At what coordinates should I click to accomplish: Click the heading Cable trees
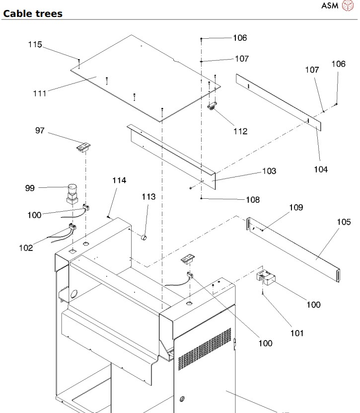pyautogui.click(x=33, y=14)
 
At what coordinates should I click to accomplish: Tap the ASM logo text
pyautogui.click(x=330, y=5)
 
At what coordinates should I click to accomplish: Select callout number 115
pyautogui.click(x=35, y=44)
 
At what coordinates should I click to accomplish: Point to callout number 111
pyautogui.click(x=40, y=93)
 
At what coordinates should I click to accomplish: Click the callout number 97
pyautogui.click(x=40, y=130)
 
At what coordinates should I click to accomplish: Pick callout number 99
pyautogui.click(x=30, y=188)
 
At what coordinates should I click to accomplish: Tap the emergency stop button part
pyautogui.click(x=72, y=194)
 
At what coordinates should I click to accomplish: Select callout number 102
pyautogui.click(x=26, y=248)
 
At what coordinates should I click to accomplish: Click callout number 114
pyautogui.click(x=119, y=180)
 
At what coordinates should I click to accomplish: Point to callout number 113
pyautogui.click(x=148, y=197)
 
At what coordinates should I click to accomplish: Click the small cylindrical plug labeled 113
pyautogui.click(x=144, y=238)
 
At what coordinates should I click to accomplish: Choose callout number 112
pyautogui.click(x=240, y=131)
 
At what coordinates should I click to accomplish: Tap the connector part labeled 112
pyautogui.click(x=212, y=106)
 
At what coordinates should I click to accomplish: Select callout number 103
pyautogui.click(x=269, y=171)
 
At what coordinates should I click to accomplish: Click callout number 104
pyautogui.click(x=321, y=169)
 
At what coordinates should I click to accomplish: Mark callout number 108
pyautogui.click(x=253, y=200)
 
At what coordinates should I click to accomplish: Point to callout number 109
pyautogui.click(x=296, y=208)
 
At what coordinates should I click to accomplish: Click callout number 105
pyautogui.click(x=344, y=222)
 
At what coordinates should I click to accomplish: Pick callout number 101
pyautogui.click(x=297, y=333)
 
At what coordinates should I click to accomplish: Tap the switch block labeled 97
pyautogui.click(x=83, y=148)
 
